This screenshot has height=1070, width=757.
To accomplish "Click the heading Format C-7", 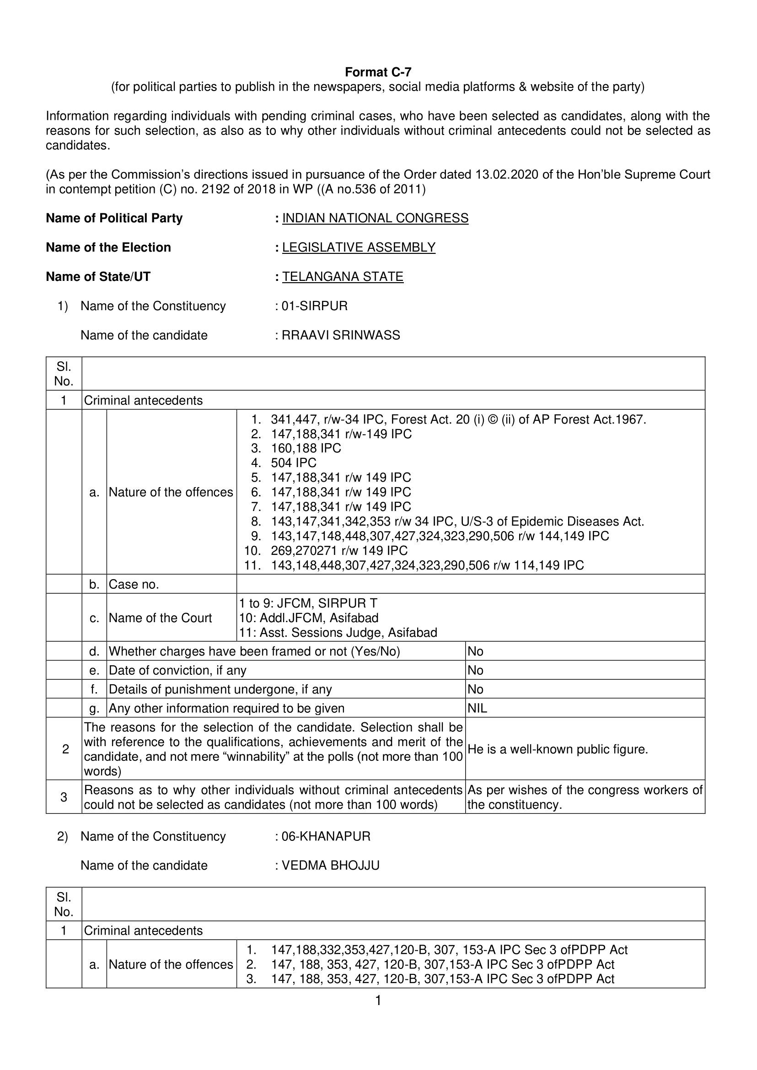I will pos(378,72).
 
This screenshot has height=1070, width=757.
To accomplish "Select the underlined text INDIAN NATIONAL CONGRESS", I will pos(375,218).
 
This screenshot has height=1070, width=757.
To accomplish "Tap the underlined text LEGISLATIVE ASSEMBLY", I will pos(359,247).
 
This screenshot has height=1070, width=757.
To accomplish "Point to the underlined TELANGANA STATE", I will pos(343,276).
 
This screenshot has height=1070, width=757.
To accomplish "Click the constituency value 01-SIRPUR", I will pos(315,306).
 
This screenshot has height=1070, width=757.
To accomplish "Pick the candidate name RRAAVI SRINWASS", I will pos(341,335).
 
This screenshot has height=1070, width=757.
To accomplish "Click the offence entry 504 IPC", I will pos(294,463).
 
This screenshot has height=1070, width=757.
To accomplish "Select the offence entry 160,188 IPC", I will pos(306,448).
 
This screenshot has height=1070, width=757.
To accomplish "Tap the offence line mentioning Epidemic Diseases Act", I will pos(457,521).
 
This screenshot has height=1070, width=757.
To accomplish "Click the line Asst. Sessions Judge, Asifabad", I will pos(338,633).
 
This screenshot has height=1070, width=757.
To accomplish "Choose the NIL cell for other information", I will pos(477,708).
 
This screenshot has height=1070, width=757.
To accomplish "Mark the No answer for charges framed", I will pos(475,651).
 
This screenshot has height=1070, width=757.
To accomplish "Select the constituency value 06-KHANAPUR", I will pos(326,836).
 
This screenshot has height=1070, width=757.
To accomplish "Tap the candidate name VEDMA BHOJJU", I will pos(331,866).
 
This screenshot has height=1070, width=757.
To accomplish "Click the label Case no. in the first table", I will pos(134,584).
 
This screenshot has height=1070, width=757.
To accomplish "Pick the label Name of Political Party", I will pos(114,218).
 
